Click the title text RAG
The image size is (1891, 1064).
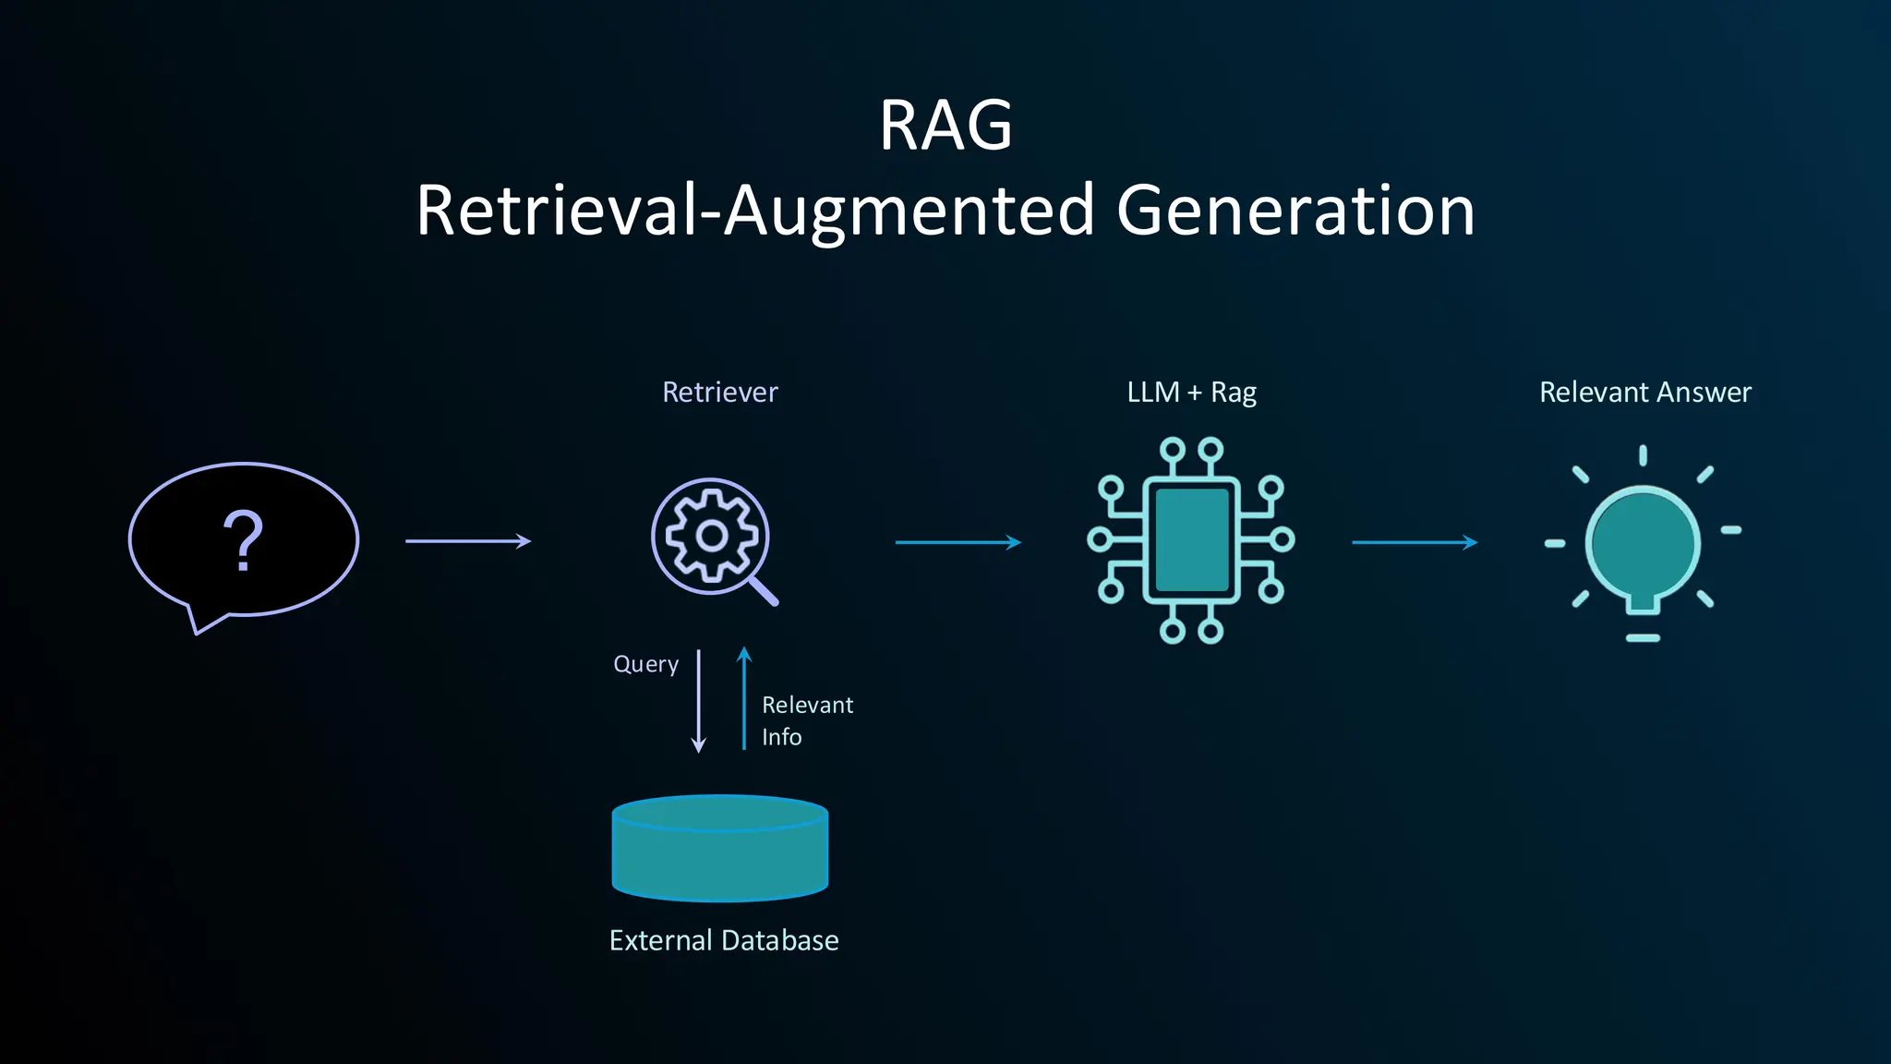945,126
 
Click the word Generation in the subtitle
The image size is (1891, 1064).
1295,211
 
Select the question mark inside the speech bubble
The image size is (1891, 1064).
244,541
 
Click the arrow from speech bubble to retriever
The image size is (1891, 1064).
468,541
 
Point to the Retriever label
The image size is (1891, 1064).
720,393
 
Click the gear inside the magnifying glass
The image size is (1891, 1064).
711,536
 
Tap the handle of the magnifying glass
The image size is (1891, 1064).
764,590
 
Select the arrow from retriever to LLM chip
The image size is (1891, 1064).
958,542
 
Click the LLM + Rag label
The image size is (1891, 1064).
1191,393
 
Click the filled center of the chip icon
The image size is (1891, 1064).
1191,540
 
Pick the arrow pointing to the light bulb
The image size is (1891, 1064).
1414,542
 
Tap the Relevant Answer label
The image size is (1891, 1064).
1644,393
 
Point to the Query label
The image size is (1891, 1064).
645,664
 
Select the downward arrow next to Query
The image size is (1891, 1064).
699,702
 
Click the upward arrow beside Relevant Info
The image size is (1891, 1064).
744,698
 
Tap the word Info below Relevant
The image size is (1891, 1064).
781,737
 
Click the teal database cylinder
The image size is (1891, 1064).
720,850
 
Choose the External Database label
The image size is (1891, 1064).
724,940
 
